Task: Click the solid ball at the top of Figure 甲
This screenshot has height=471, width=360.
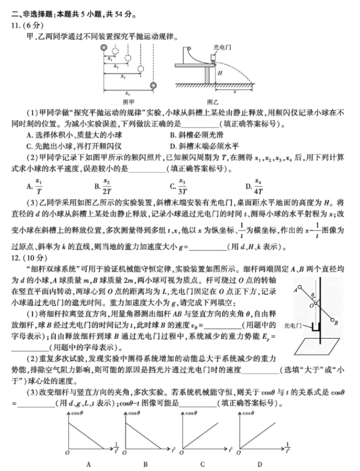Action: (105, 48)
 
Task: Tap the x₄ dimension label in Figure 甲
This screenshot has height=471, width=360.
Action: (128, 93)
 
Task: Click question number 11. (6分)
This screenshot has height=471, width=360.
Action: (21, 25)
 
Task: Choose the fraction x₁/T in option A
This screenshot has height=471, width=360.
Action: (38, 185)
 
